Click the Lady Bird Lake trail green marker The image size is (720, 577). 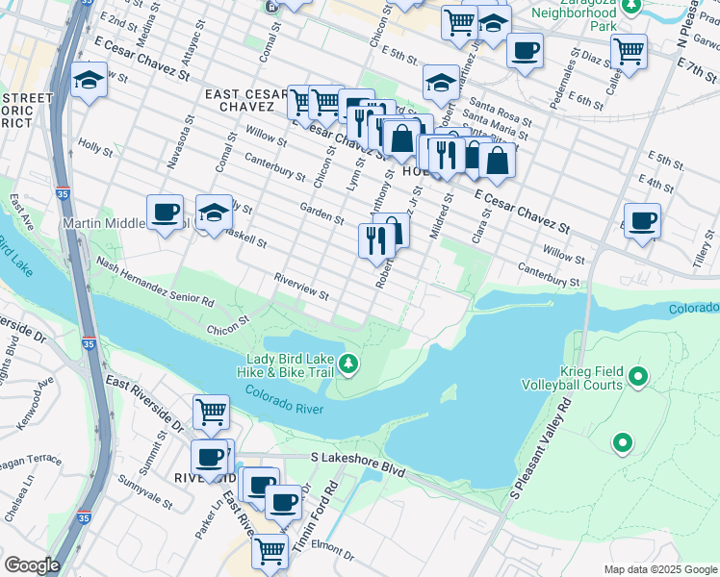point(351,364)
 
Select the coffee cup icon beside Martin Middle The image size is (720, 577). point(165,212)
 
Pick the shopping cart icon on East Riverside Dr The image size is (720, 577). point(211,413)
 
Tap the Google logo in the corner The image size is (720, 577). point(32,564)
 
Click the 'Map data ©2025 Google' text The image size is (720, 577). point(660,569)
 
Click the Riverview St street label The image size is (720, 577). point(302,288)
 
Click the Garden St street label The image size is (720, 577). point(321,213)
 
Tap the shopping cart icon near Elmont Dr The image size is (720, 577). point(270,552)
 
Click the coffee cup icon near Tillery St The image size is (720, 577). point(642,220)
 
